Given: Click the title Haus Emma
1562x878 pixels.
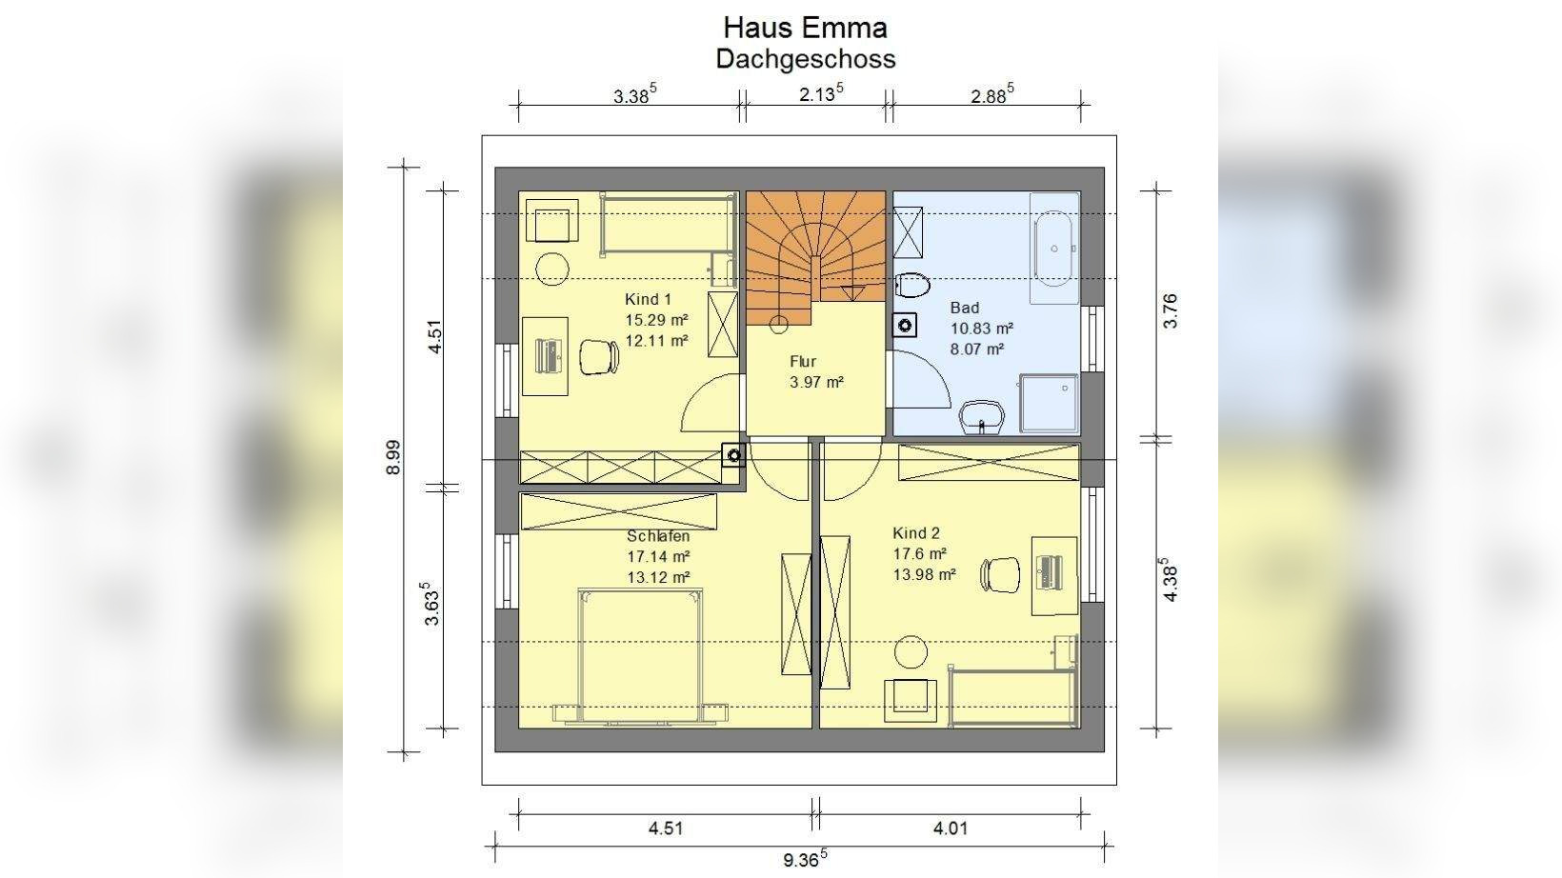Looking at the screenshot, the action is click(x=806, y=28).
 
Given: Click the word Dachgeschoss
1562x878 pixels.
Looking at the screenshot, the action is click(x=806, y=59).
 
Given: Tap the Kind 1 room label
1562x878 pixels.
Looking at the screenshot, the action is click(x=648, y=300).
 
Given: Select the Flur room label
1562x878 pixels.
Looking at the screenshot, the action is click(x=803, y=361).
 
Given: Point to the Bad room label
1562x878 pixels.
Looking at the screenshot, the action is click(x=965, y=308).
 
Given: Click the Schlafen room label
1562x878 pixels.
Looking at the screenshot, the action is click(x=658, y=535).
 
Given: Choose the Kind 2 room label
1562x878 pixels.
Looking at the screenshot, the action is click(x=916, y=533).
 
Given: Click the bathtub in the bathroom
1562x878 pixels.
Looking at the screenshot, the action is click(x=1053, y=249).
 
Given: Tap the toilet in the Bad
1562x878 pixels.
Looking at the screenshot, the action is click(x=912, y=286).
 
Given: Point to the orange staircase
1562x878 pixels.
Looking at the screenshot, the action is click(x=815, y=256).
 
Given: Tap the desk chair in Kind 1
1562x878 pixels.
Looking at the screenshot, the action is click(x=599, y=357).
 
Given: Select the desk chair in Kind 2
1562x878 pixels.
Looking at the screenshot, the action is click(x=1000, y=575).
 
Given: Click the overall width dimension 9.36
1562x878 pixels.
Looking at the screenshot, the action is click(x=805, y=858).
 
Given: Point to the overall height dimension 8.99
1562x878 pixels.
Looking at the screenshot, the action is click(x=394, y=457).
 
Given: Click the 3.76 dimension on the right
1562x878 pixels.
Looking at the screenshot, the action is click(x=1171, y=311).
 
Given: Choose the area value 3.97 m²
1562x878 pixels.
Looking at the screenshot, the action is click(x=816, y=382).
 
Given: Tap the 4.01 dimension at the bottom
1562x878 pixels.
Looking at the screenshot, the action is click(x=951, y=828).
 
